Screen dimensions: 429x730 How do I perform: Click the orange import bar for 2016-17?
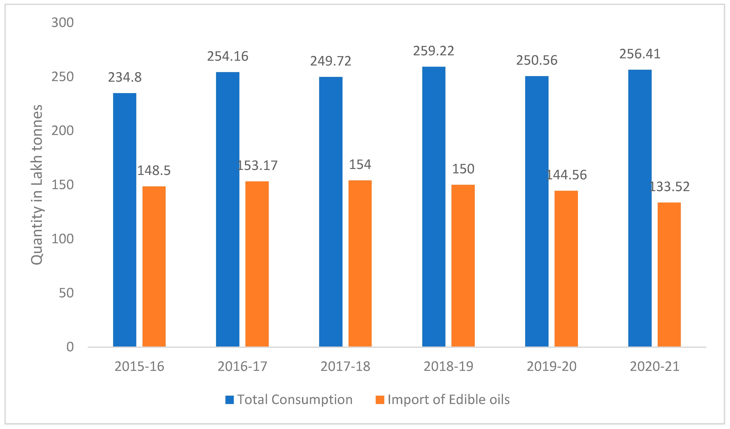(x=257, y=264)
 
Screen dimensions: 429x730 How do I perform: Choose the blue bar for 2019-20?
(x=537, y=211)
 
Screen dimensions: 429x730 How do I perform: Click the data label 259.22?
(x=433, y=51)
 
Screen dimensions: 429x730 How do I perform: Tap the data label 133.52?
(x=669, y=187)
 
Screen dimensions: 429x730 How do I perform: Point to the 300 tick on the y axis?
(x=63, y=23)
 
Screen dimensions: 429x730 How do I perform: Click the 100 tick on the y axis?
(x=63, y=239)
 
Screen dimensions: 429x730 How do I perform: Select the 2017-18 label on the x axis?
(x=345, y=366)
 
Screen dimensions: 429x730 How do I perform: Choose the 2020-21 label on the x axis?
(x=654, y=366)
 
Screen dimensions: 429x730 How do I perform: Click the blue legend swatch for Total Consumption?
(x=229, y=400)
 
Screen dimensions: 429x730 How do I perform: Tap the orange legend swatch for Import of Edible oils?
(x=380, y=400)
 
